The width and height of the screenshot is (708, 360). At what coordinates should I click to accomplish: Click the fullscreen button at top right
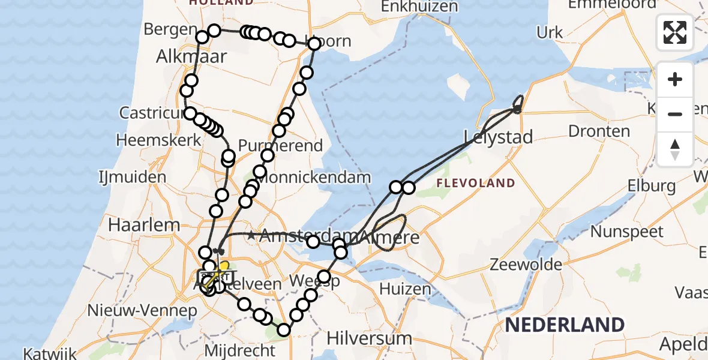pos(675,32)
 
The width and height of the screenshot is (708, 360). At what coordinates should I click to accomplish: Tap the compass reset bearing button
pos(675,149)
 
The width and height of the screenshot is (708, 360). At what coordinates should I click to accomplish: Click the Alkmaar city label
pos(191,56)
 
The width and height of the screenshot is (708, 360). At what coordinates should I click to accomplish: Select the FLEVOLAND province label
pos(476,183)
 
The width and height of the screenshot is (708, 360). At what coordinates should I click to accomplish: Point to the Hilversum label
pos(361,338)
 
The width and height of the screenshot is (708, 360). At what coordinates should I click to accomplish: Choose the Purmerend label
pos(281,145)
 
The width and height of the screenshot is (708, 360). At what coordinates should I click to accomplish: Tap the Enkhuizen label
pos(411,7)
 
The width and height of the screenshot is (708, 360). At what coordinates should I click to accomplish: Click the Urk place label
pos(550,33)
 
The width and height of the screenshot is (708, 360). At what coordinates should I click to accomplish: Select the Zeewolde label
pos(526,265)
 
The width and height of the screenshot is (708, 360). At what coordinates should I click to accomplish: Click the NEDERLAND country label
pos(565,325)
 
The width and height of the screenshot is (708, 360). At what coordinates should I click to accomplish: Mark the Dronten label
pos(599,131)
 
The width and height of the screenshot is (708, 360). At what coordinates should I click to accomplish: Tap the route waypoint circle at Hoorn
pos(314,44)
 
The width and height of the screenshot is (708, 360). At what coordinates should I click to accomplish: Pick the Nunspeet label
pos(627,232)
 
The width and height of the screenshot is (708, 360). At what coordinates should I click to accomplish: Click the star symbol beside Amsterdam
pos(251,236)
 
